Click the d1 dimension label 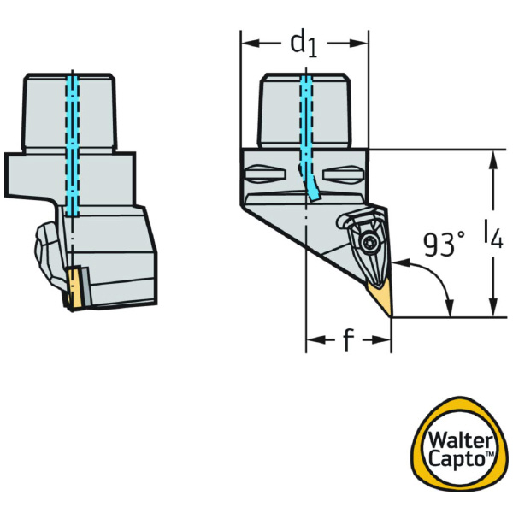pyautogui.click(x=303, y=43)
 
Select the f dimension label pyautogui.click(x=348, y=341)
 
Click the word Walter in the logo pyautogui.click(x=460, y=443)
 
